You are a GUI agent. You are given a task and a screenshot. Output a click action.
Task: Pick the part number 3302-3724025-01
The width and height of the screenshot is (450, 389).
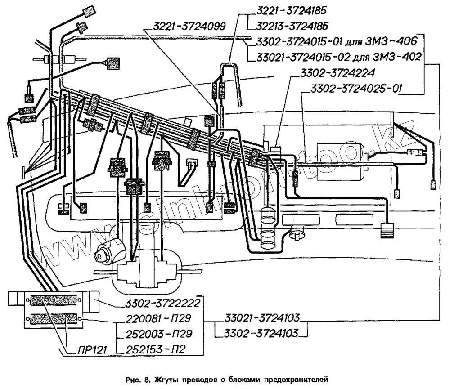pyautogui.click(x=355, y=88)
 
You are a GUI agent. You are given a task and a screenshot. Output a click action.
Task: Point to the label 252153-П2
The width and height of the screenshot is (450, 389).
pyautogui.click(x=150, y=349)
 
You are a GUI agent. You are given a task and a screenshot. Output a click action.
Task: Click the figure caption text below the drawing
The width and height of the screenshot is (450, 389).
pyautogui.click(x=224, y=379)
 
